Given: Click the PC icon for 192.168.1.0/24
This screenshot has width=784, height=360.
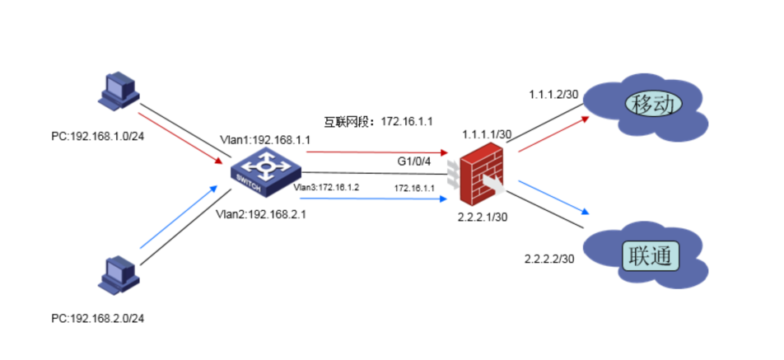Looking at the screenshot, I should click(115, 91).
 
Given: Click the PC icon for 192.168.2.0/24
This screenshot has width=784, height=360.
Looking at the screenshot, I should click(115, 275).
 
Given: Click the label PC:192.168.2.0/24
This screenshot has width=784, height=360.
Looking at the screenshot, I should click(93, 317).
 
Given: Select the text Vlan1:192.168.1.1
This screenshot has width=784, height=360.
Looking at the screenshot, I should click(264, 140).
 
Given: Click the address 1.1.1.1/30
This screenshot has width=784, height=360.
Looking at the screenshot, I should click(487, 133).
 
